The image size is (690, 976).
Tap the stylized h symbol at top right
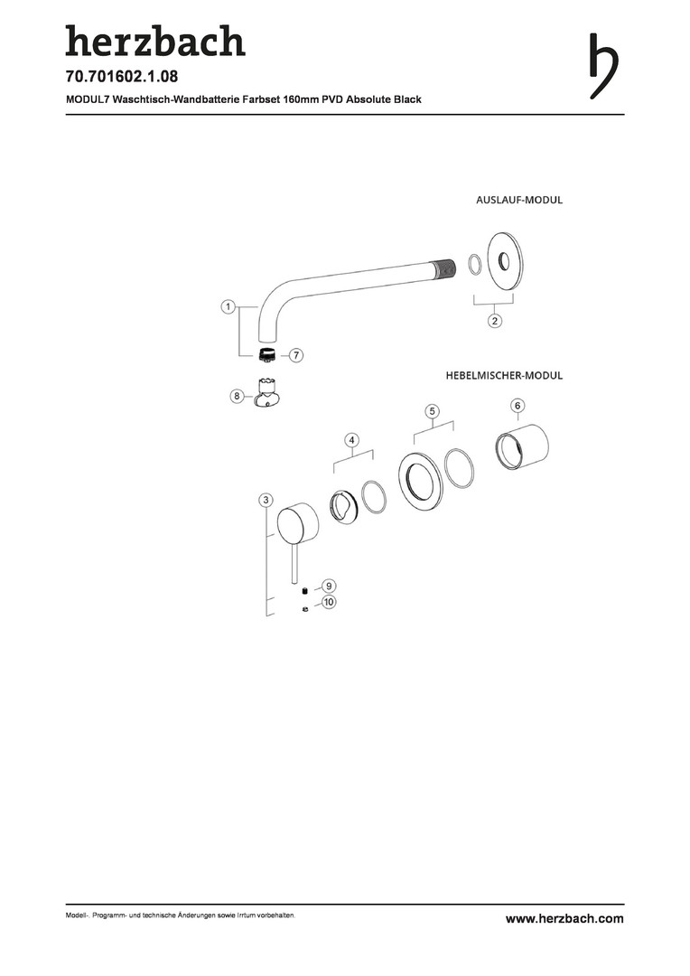pyautogui.click(x=603, y=65)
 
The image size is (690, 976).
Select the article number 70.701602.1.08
pyautogui.click(x=122, y=77)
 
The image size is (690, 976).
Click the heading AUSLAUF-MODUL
pyautogui.click(x=519, y=201)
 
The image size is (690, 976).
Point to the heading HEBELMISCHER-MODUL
pyautogui.click(x=504, y=376)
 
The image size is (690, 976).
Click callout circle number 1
pyautogui.click(x=228, y=307)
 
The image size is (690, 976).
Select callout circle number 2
pyautogui.click(x=495, y=321)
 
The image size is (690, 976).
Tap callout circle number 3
pyautogui.click(x=266, y=501)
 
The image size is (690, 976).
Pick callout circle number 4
pyautogui.click(x=352, y=440)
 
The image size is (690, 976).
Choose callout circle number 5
pyautogui.click(x=433, y=411)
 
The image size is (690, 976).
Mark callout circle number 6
pyautogui.click(x=517, y=406)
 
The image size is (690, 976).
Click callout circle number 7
pyautogui.click(x=296, y=355)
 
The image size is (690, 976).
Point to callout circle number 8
pyautogui.click(x=237, y=395)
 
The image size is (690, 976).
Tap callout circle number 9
pyautogui.click(x=329, y=586)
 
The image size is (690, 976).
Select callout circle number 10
pyautogui.click(x=329, y=602)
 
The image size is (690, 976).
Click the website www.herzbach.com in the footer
pyautogui.click(x=564, y=918)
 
